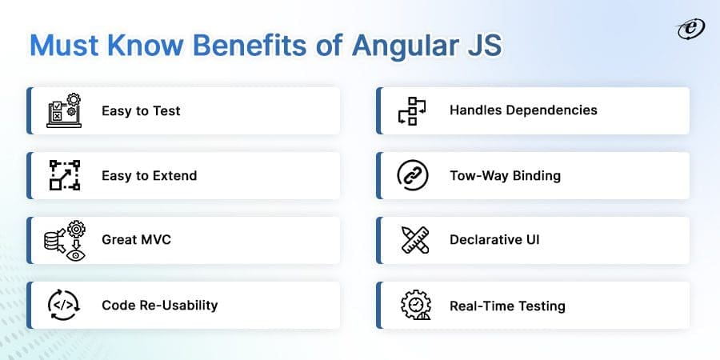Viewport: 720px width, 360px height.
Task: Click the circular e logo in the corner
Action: [x=687, y=29]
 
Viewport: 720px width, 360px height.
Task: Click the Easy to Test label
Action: [x=141, y=110]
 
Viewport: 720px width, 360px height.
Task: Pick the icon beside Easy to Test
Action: [x=62, y=110]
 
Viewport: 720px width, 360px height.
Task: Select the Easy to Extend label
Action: [x=149, y=175]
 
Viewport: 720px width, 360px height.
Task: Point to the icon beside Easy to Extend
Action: [x=62, y=175]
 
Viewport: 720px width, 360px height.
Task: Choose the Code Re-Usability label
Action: [x=159, y=305]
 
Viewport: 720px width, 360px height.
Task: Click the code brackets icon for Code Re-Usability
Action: [x=62, y=305]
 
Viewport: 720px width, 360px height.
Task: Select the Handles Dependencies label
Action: [x=523, y=110]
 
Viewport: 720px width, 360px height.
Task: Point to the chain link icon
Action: [x=412, y=175]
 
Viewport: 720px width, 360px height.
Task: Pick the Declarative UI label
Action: [x=494, y=239]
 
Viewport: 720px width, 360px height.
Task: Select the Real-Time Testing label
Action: [x=507, y=306]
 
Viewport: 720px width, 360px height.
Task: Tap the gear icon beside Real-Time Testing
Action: [x=412, y=305]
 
